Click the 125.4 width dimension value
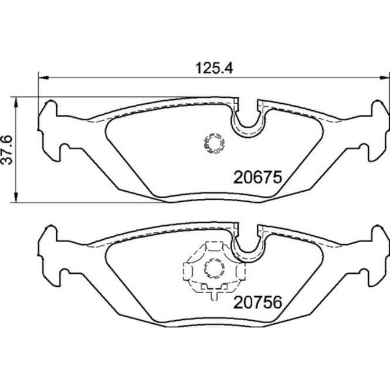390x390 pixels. (x=214, y=68)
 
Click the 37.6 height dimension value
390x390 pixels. (x=6, y=150)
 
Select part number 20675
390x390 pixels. (x=257, y=177)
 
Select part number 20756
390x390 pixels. (x=257, y=302)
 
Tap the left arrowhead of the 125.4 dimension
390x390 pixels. (x=43, y=78)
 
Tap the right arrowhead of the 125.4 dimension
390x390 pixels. (x=385, y=78)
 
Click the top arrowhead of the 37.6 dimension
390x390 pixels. (x=16, y=103)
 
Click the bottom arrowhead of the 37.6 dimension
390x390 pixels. (x=16, y=197)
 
